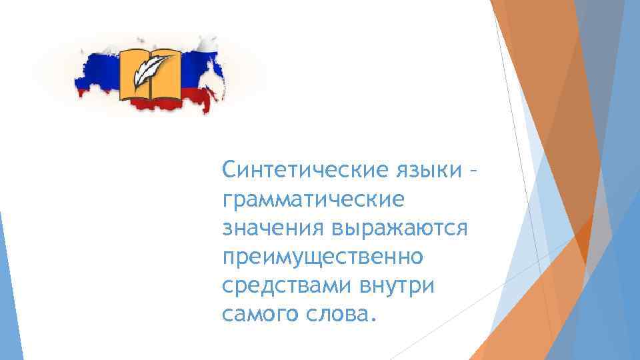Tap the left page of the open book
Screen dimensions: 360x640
coord(133,73)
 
